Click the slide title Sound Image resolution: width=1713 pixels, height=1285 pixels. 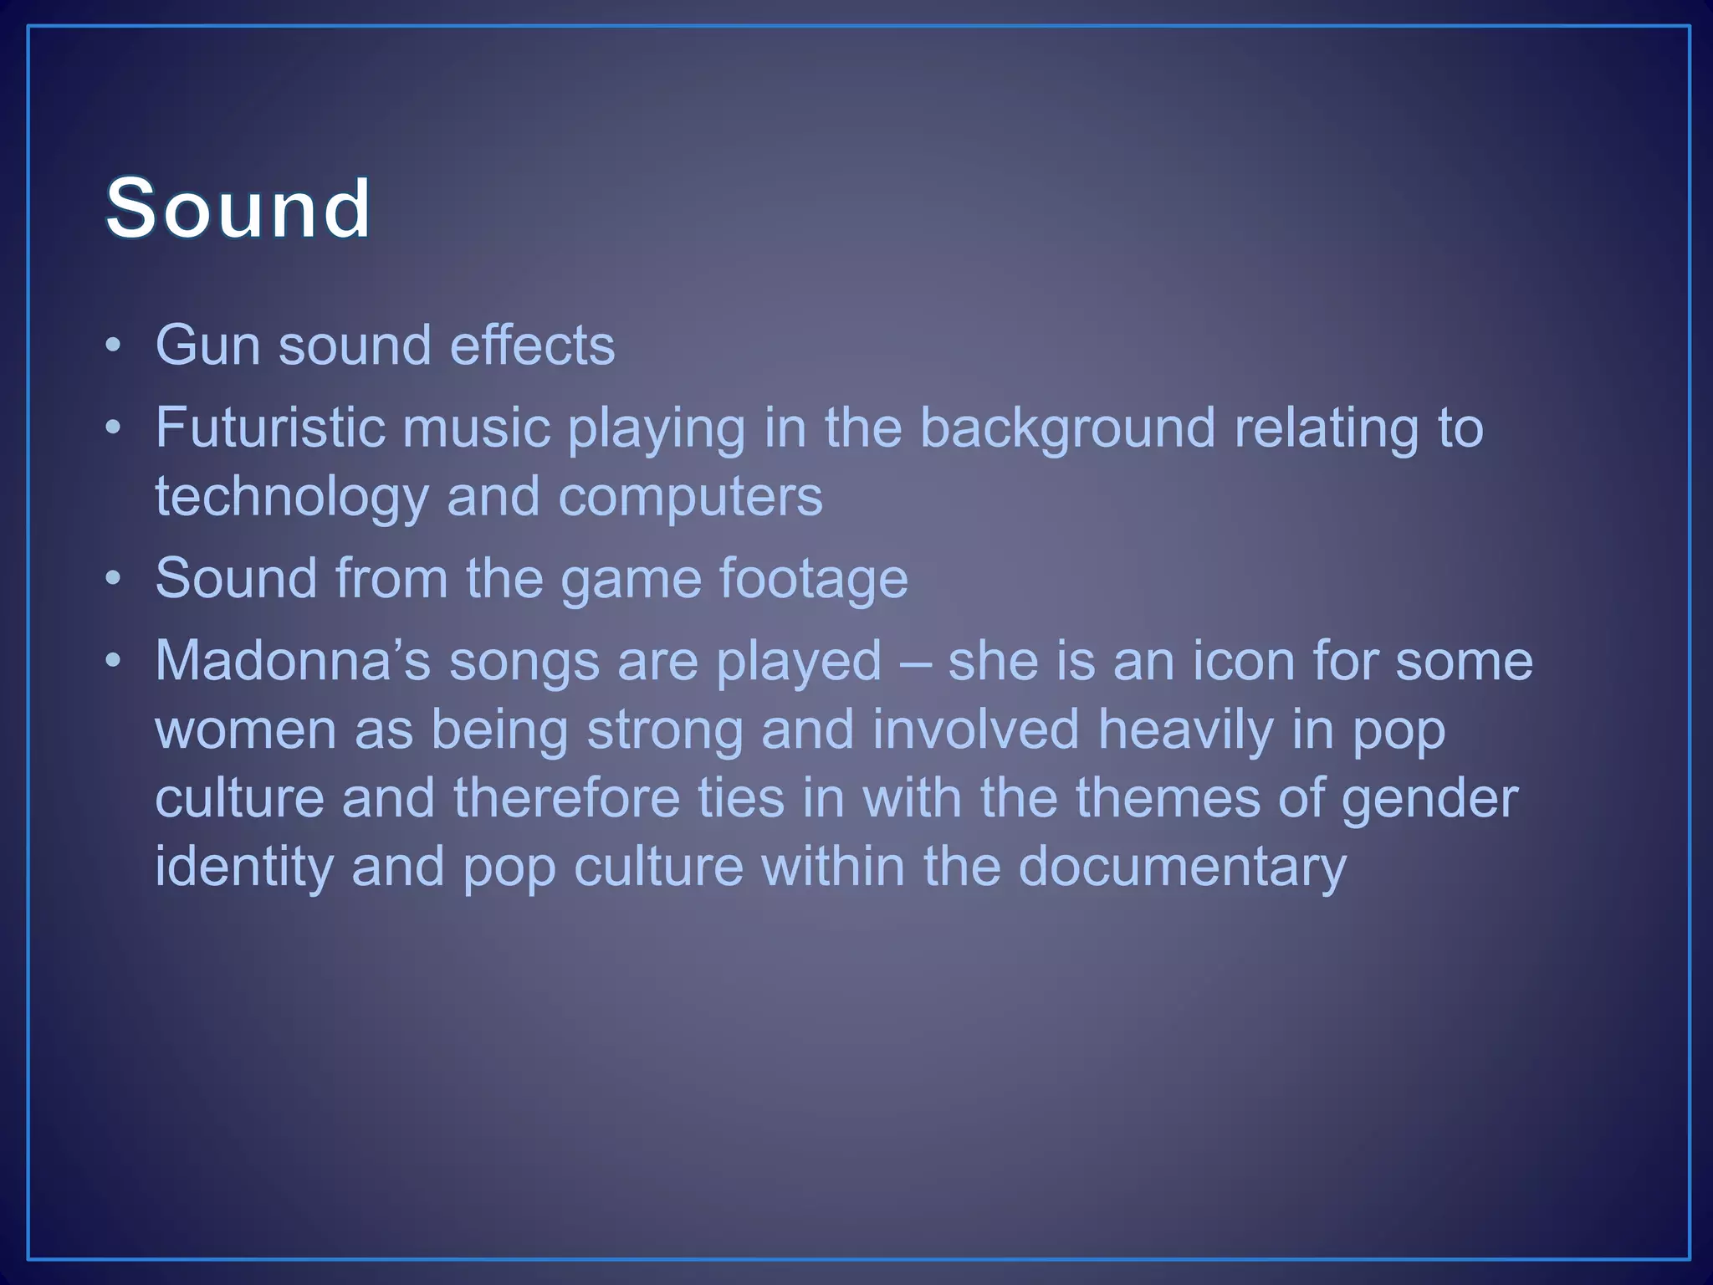238,208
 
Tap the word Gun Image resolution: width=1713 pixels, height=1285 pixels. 207,345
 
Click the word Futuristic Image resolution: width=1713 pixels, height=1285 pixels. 269,427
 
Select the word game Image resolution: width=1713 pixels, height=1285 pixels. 631,579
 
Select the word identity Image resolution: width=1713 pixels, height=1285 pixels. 244,867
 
